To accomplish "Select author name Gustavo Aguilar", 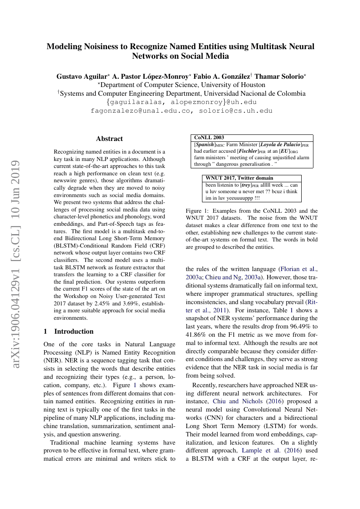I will tap(81, 76).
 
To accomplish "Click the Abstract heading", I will tap(109, 139).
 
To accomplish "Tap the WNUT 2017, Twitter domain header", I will tap(239, 178).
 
